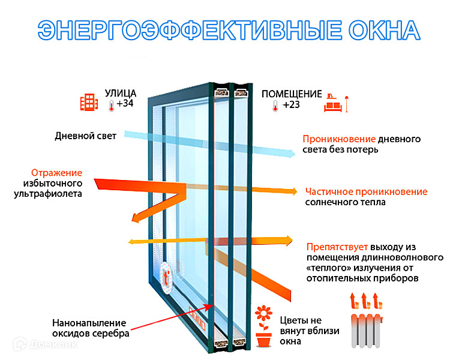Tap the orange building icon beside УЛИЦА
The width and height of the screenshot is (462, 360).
click(89, 102)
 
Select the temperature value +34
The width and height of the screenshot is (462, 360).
click(125, 104)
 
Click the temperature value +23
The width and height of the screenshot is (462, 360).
click(291, 105)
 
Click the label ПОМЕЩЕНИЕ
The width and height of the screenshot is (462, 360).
click(292, 94)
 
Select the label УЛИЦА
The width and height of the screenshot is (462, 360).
click(121, 93)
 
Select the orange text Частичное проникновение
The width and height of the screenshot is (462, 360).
click(366, 191)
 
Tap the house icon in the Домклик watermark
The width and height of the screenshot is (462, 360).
click(20, 344)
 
